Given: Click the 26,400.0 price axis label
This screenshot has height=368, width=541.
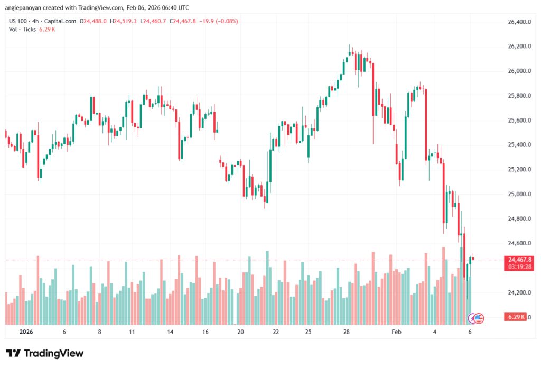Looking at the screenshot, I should point(518,22).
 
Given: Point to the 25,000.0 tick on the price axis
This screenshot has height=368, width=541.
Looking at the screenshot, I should point(518,194).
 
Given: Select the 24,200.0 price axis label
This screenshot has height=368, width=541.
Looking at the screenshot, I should point(518,292).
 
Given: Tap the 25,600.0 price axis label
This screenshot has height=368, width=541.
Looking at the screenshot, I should point(518,121).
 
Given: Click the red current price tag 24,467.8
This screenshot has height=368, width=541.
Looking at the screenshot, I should point(519,260).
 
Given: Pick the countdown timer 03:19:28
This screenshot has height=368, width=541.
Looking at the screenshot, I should point(519,267).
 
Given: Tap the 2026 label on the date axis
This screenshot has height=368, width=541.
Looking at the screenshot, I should point(26,332).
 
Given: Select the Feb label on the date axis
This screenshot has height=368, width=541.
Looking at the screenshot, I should point(396,332).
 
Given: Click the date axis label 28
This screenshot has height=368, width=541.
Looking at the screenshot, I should point(347,332).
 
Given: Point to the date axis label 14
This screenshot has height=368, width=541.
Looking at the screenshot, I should point(171,332).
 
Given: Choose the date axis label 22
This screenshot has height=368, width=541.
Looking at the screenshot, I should point(276,332).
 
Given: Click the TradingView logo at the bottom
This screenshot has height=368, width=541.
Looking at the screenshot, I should point(45,353).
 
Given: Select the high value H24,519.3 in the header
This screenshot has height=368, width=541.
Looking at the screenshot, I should point(123,21).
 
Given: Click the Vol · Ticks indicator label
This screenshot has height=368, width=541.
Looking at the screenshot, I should point(22,29).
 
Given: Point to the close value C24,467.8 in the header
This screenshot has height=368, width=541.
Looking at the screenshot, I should point(183,21).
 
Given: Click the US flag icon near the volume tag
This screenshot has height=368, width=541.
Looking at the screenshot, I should point(480,318).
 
